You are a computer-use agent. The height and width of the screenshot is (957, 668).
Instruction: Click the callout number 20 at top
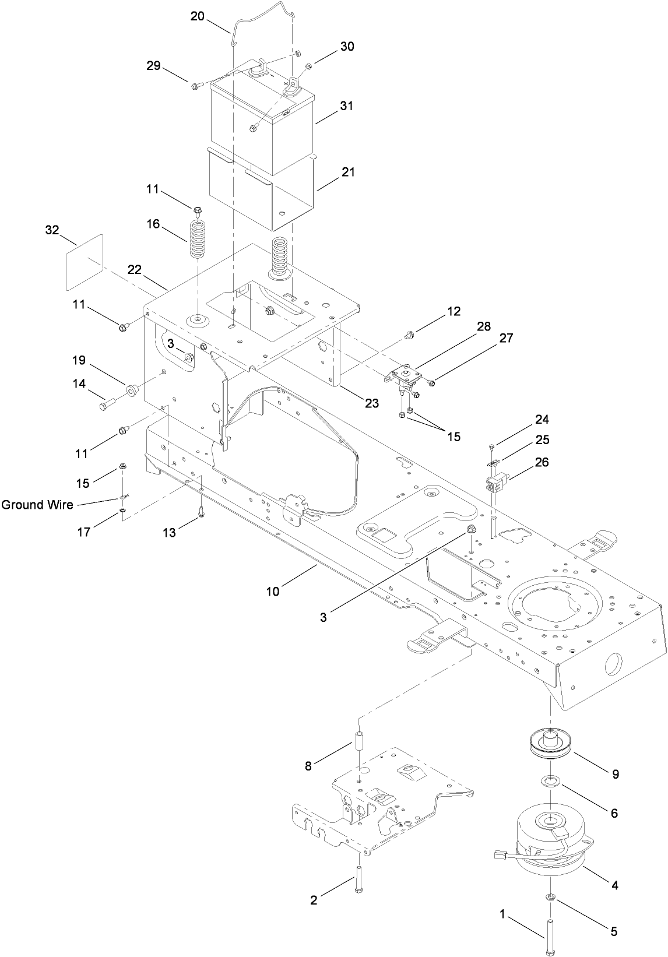click(x=197, y=16)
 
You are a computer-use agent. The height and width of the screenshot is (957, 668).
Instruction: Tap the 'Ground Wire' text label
click(x=37, y=505)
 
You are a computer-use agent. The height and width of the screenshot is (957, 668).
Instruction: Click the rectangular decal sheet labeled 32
click(x=83, y=262)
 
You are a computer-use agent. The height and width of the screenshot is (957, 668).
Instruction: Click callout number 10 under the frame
click(x=273, y=591)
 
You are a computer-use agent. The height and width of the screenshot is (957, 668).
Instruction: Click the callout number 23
click(x=371, y=403)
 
